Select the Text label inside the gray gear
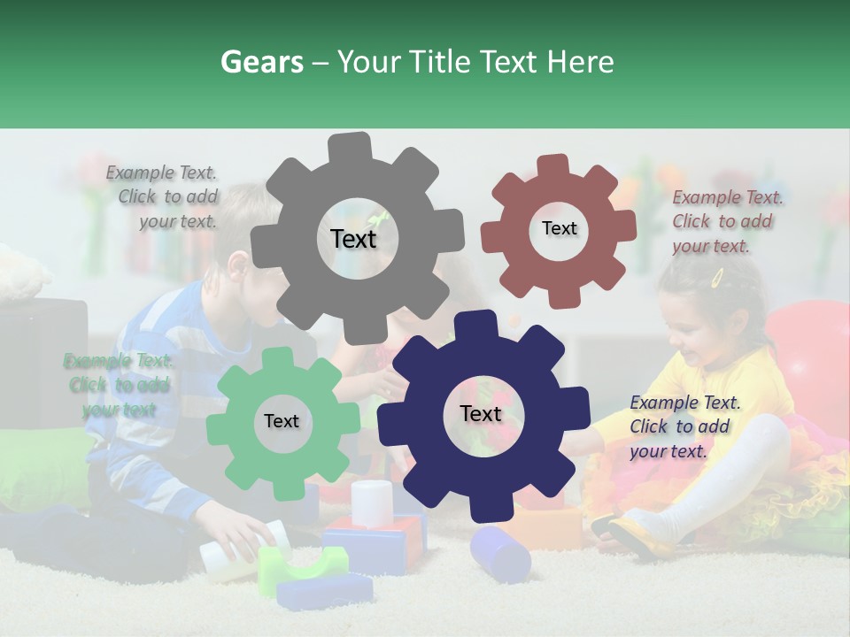[x=353, y=239]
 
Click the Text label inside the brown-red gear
[x=559, y=228]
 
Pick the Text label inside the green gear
[x=282, y=421]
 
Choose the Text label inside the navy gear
[x=481, y=414]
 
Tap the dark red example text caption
[x=726, y=221]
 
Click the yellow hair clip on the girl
[x=717, y=278]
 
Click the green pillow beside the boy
[x=44, y=451]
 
